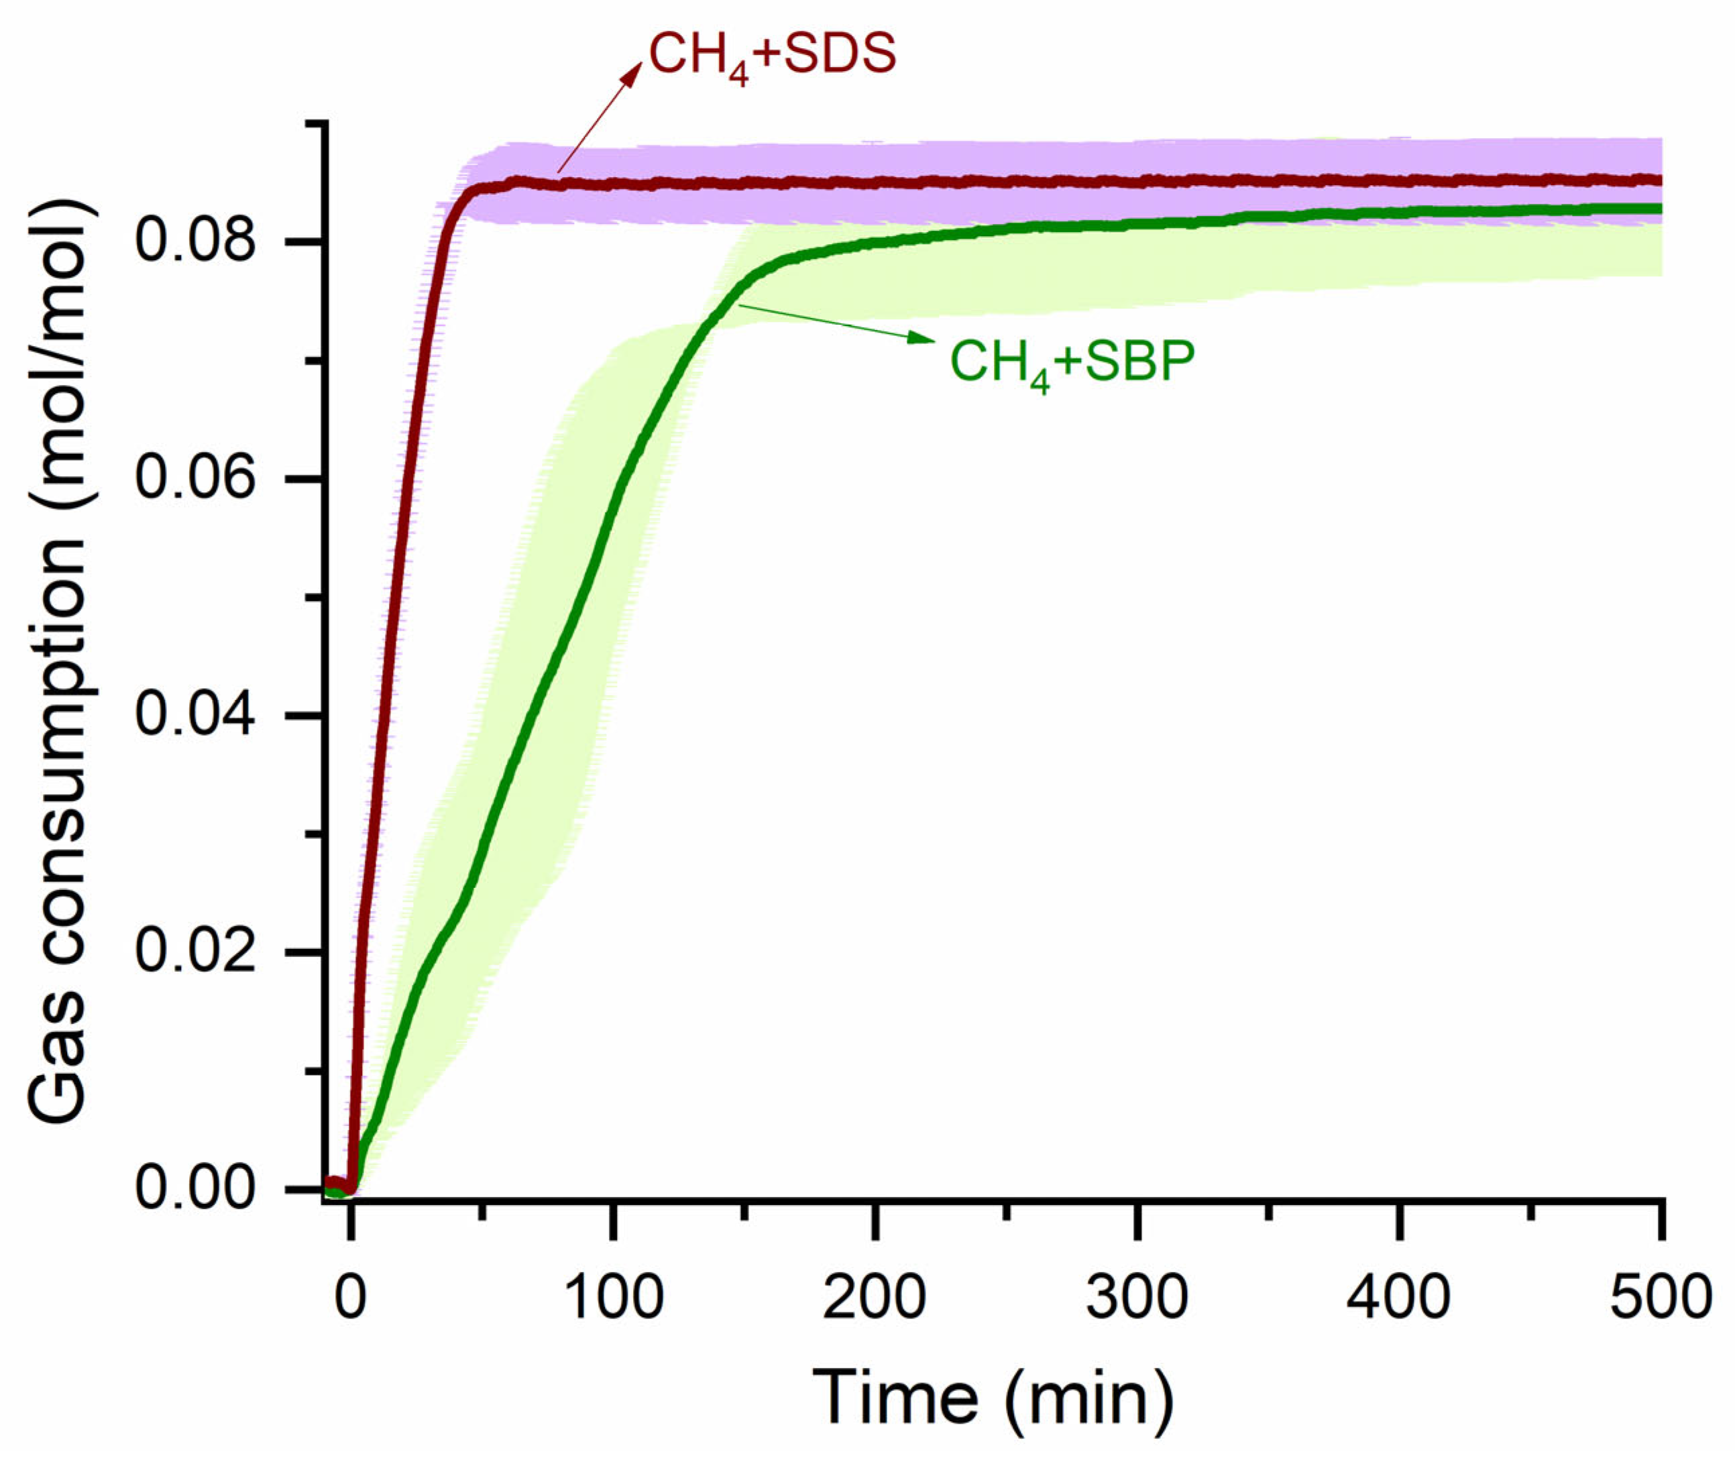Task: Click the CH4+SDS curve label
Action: click(771, 56)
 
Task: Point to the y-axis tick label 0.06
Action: click(194, 478)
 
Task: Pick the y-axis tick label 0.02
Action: click(194, 951)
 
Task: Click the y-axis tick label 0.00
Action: click(194, 1188)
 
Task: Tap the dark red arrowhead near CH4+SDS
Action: click(633, 74)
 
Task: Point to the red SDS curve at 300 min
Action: click(1137, 180)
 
